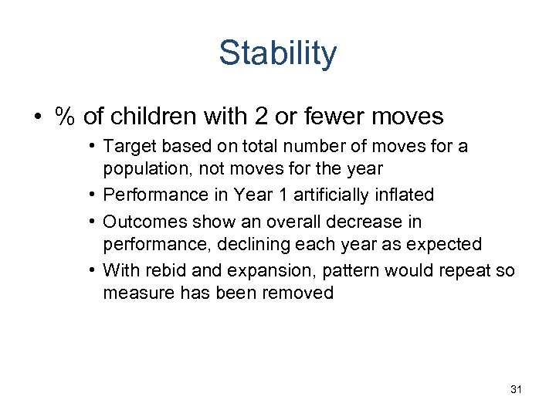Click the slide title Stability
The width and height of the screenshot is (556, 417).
[x=277, y=53]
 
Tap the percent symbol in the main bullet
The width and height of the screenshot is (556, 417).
[x=66, y=117]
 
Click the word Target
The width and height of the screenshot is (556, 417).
[x=127, y=147]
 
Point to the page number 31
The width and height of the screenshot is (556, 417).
[x=516, y=390]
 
